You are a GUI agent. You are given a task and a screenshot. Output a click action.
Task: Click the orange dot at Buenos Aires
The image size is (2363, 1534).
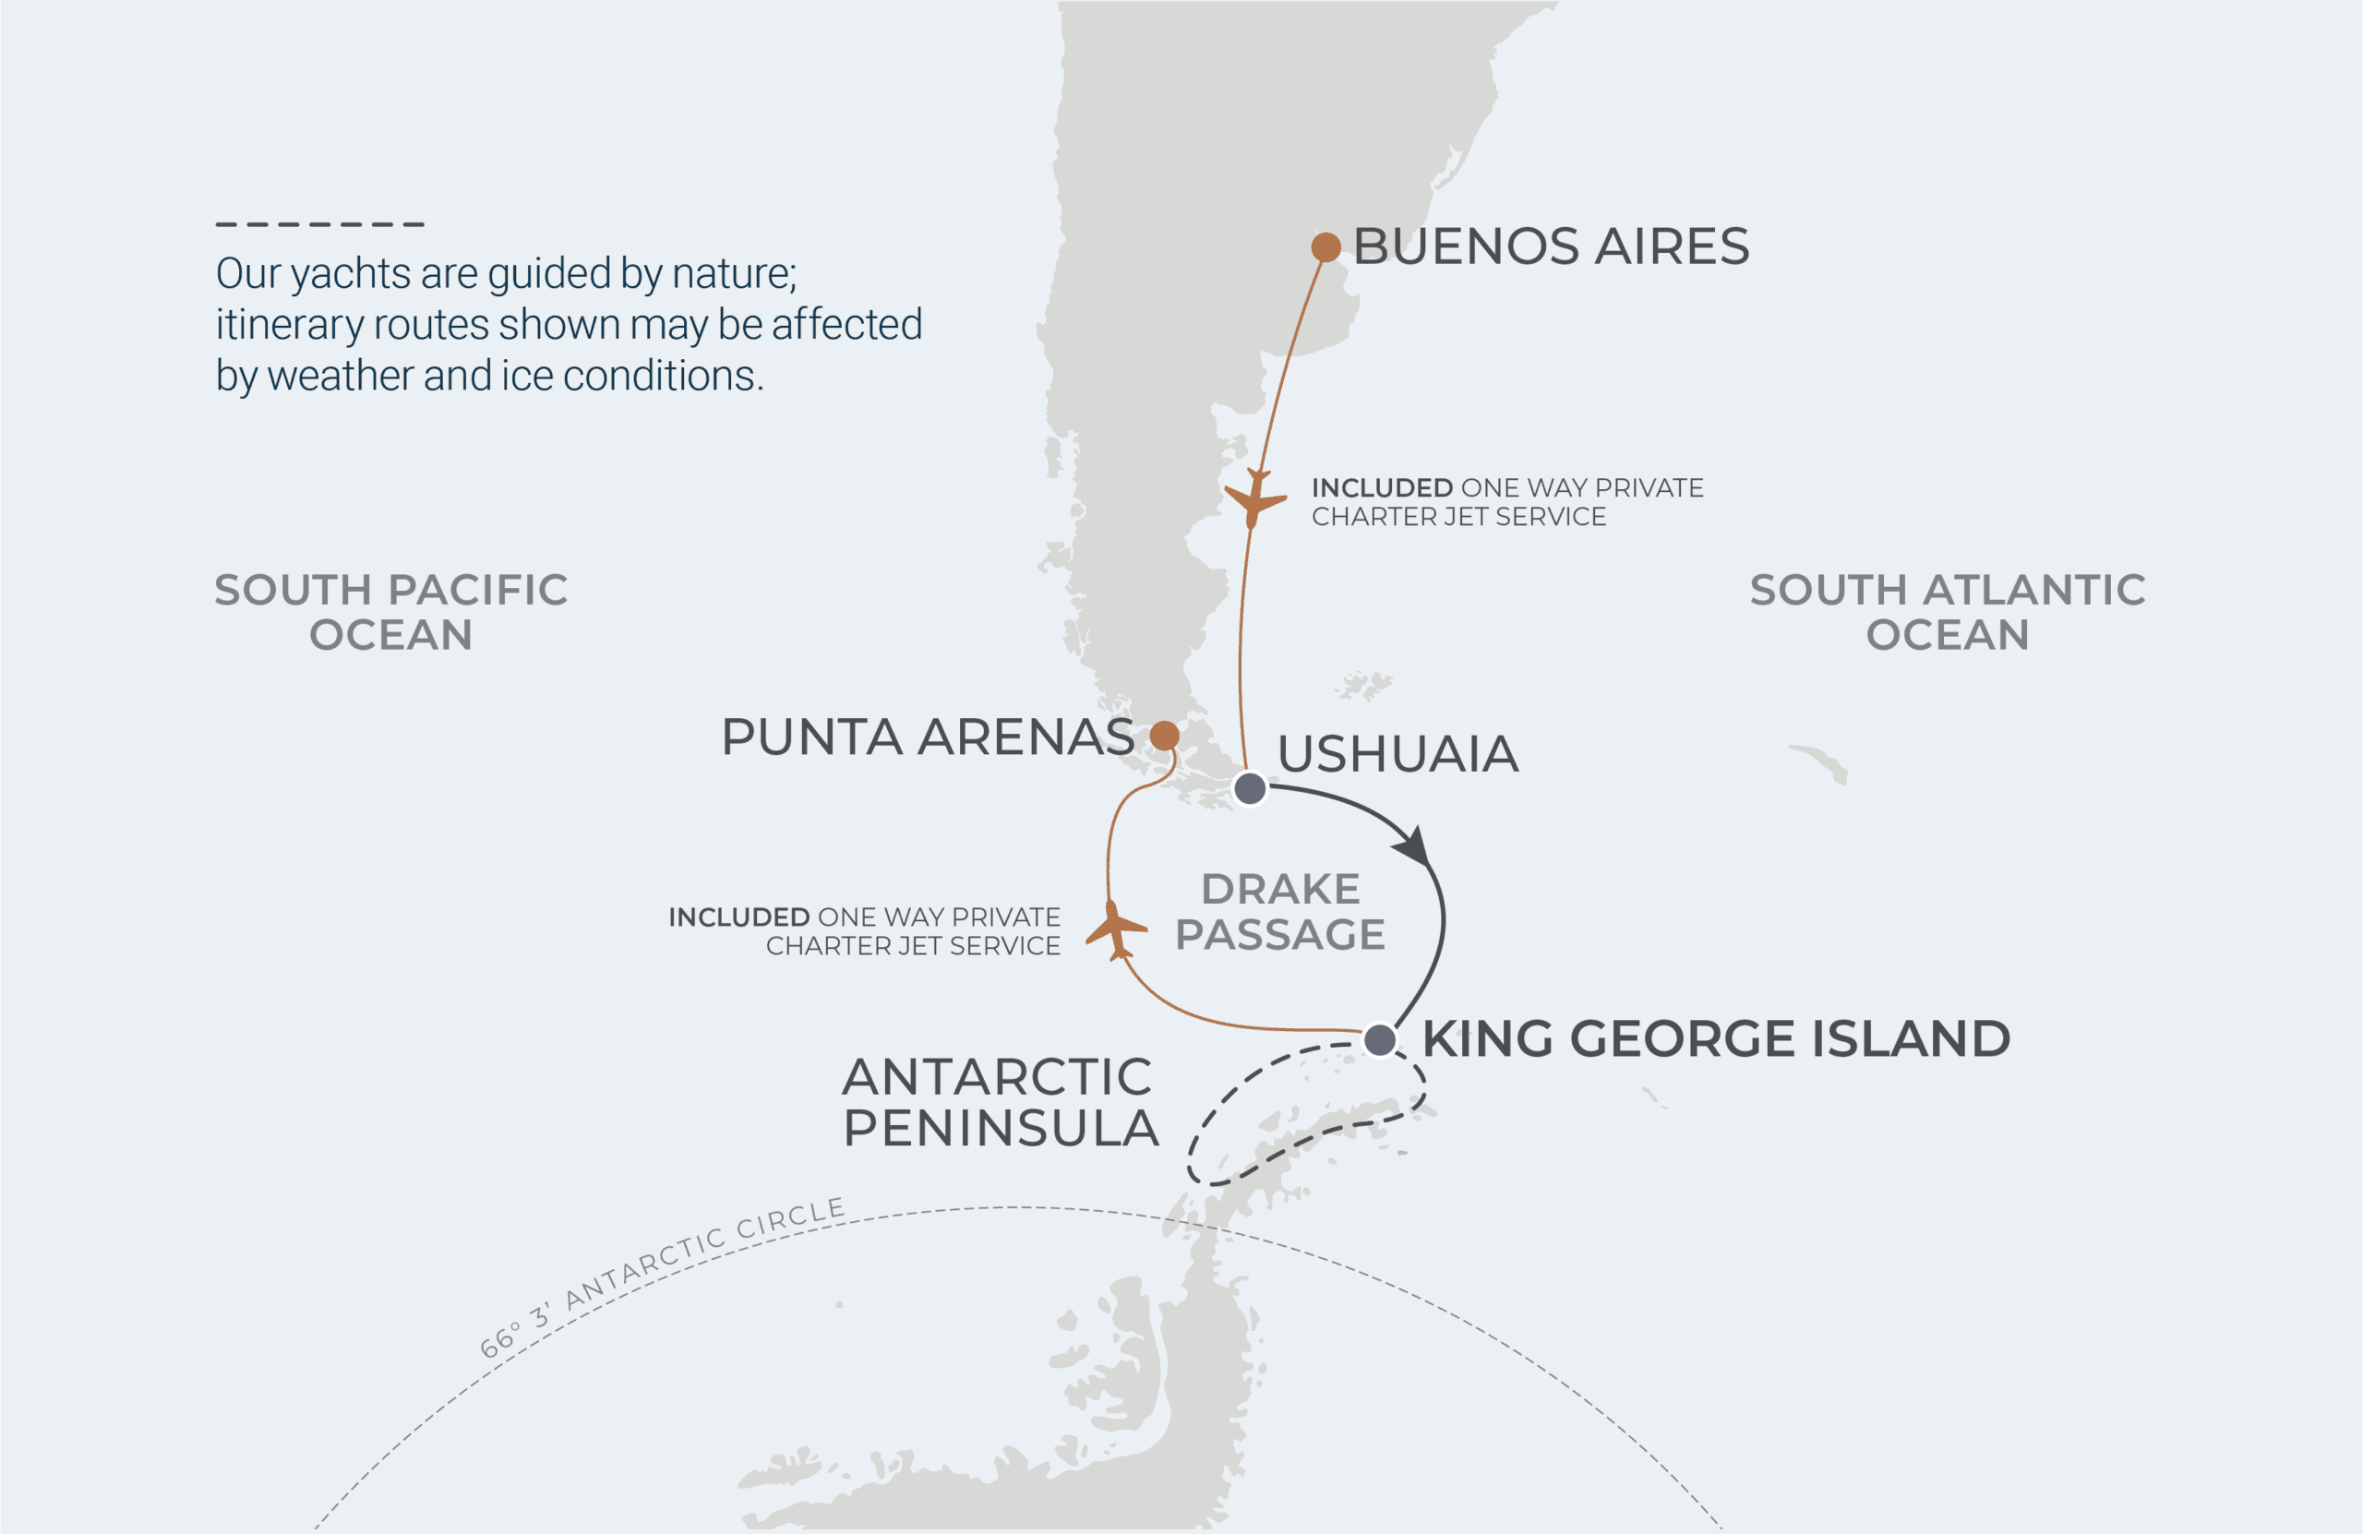point(1325,246)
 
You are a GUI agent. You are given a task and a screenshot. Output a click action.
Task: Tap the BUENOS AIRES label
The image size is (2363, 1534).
point(1551,246)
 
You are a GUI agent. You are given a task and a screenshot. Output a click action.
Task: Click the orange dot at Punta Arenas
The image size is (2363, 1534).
point(1165,736)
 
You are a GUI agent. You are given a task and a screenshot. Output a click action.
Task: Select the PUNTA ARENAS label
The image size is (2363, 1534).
point(928,737)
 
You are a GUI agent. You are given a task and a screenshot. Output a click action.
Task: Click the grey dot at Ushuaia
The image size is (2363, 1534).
point(1250,789)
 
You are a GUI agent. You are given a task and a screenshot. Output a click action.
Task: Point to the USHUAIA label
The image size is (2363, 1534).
point(1397,753)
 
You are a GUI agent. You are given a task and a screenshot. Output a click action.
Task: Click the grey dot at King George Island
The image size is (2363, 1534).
point(1379,1040)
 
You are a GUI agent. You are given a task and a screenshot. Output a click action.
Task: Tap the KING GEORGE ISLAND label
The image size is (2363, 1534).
point(1716,1039)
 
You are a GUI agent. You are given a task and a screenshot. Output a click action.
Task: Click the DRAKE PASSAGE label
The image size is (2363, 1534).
point(1279,912)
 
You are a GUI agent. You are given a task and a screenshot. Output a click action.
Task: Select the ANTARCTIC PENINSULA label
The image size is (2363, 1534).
point(1000,1102)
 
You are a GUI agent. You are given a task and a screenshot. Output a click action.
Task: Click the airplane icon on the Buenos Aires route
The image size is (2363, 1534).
point(1254,498)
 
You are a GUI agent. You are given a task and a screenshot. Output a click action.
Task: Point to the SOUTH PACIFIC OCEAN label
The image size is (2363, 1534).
point(391,612)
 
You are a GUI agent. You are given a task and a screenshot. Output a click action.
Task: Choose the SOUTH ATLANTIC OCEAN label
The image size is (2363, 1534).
point(1947,612)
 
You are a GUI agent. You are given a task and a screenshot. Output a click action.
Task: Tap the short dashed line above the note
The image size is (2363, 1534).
point(319,224)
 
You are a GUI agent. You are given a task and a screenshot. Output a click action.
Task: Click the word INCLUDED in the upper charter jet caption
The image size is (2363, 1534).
point(1382,487)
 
